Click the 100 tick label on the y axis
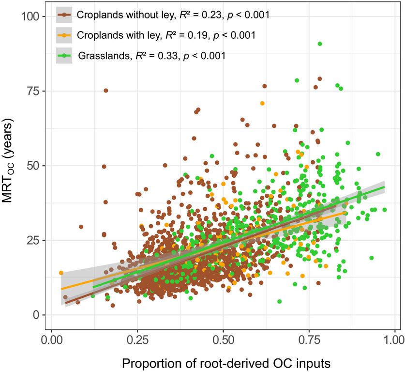point(31,16)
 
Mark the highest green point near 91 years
point(320,44)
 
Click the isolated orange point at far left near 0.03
point(61,273)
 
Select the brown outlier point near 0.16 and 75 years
point(106,91)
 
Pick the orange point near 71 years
point(262,103)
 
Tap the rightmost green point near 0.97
point(385,210)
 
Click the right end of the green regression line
point(385,186)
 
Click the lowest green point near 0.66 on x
point(279,301)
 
